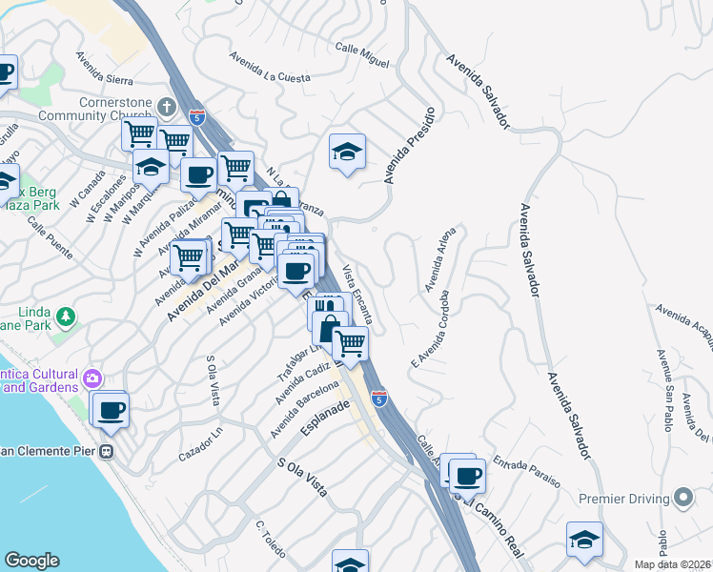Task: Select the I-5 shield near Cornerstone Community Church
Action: [x=196, y=117]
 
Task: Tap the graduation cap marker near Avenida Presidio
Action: [x=348, y=150]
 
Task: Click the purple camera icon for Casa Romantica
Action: [x=91, y=378]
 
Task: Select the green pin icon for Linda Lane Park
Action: [x=66, y=316]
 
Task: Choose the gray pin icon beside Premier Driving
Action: [x=682, y=498]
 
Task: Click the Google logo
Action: [x=31, y=561]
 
